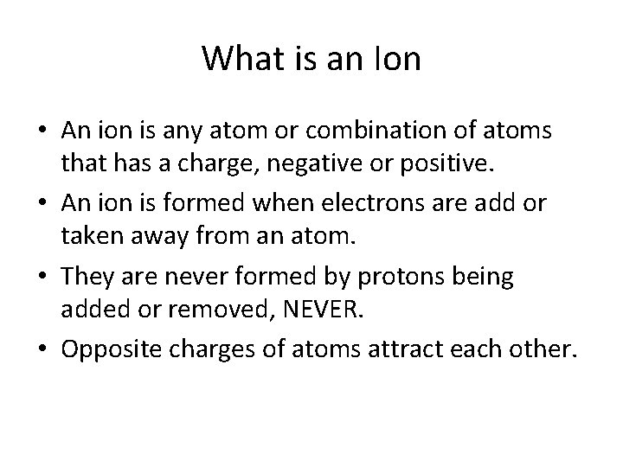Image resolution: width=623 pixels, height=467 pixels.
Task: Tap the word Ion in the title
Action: coord(400,59)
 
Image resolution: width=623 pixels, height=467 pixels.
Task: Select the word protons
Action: coord(414,278)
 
